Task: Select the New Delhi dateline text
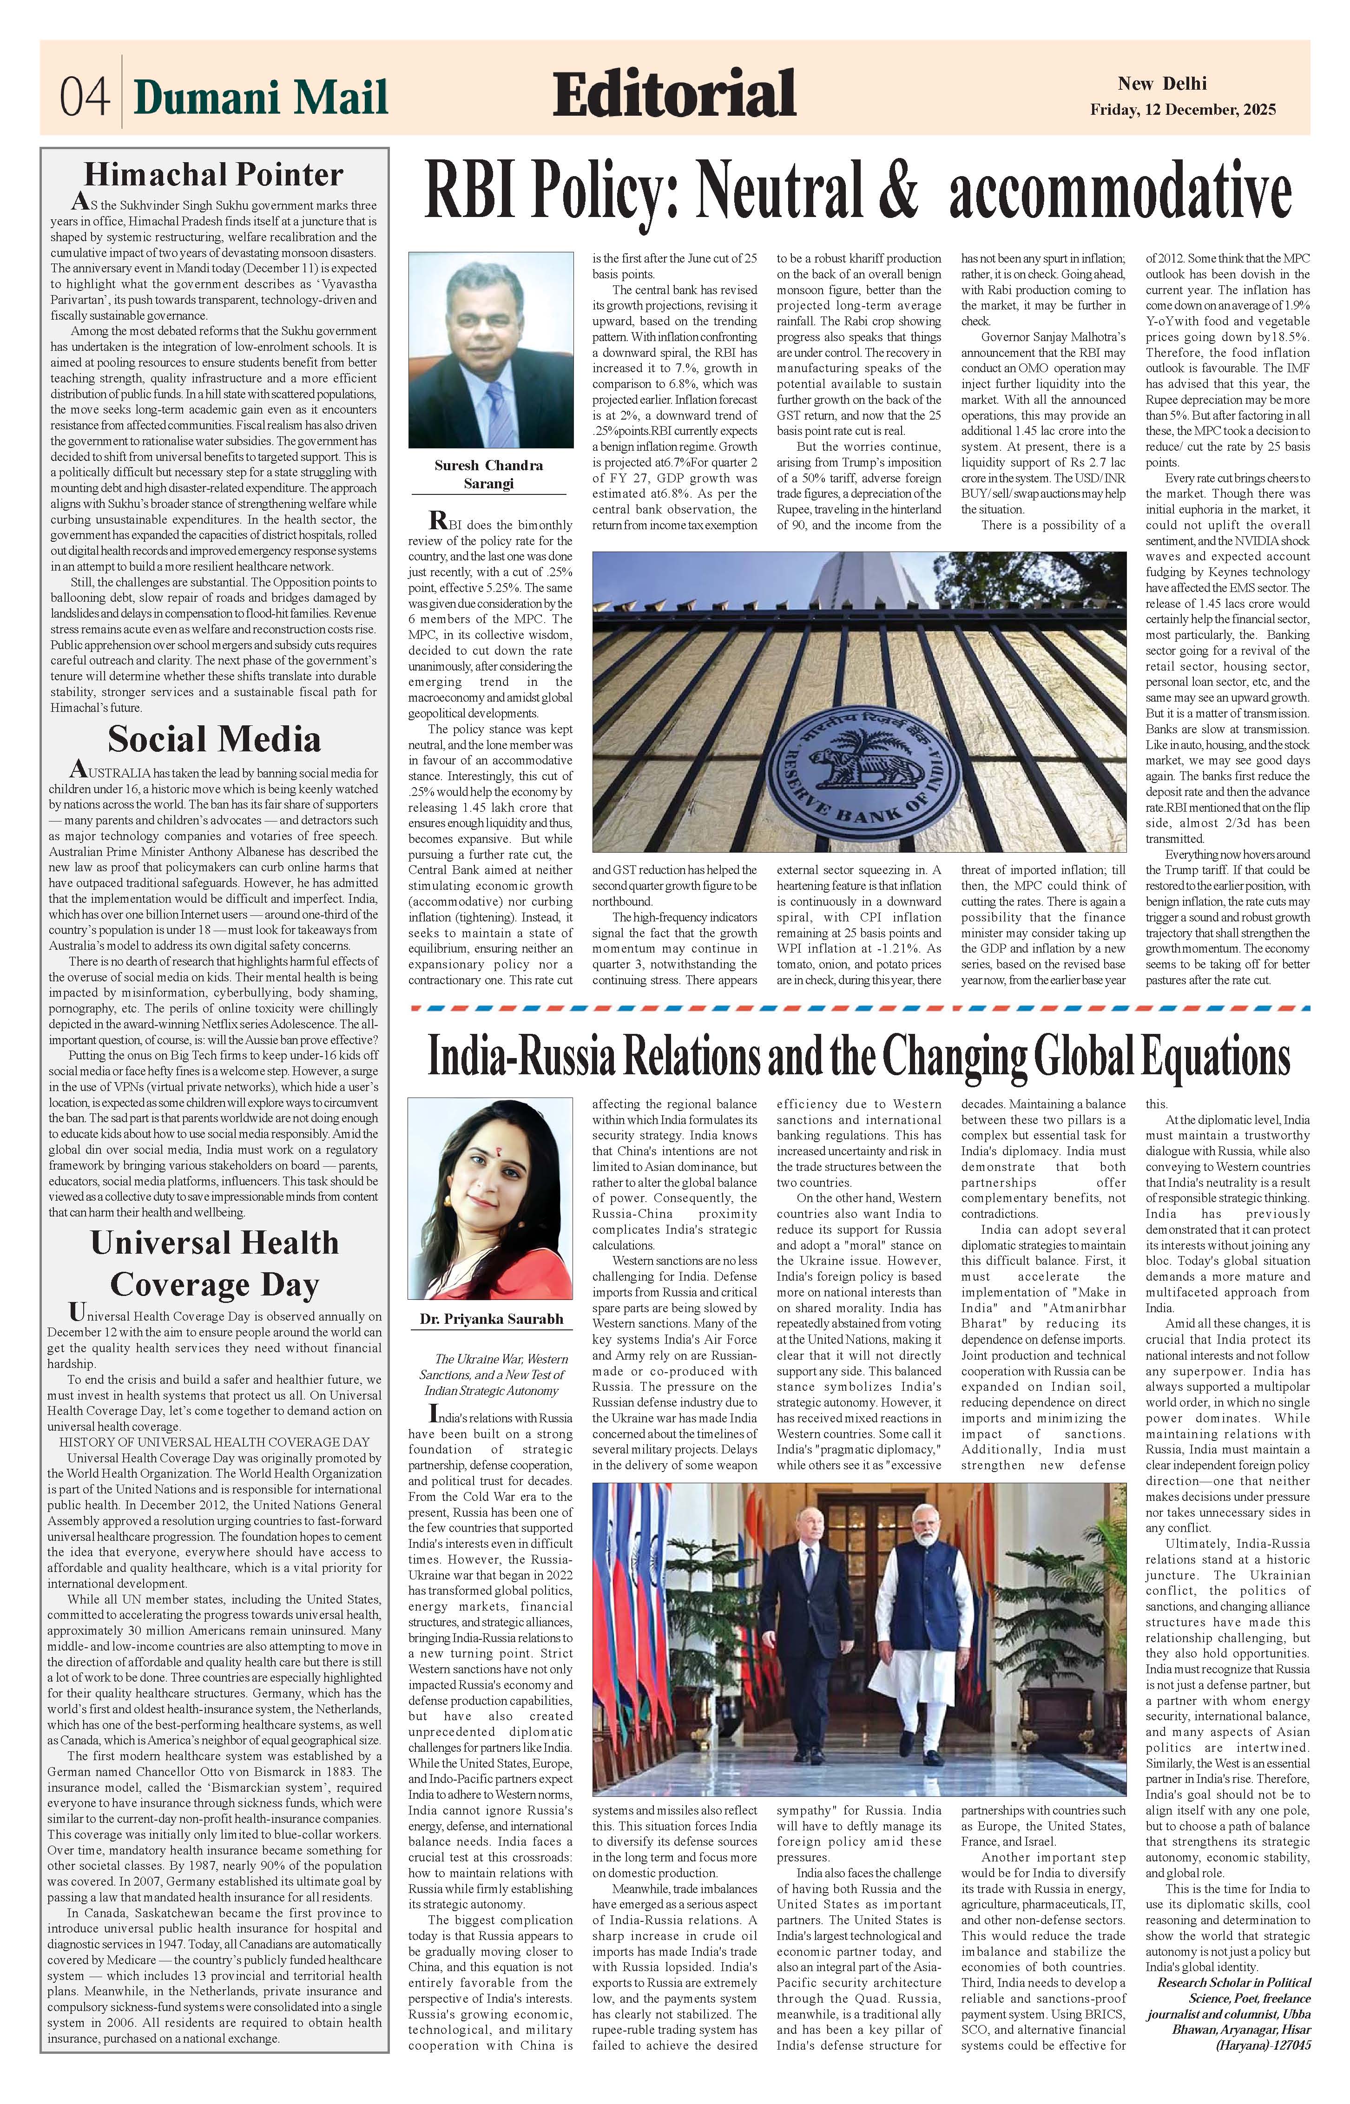click(x=1161, y=84)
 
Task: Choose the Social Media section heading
click(x=214, y=740)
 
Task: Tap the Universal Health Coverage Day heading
click(x=214, y=1263)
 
